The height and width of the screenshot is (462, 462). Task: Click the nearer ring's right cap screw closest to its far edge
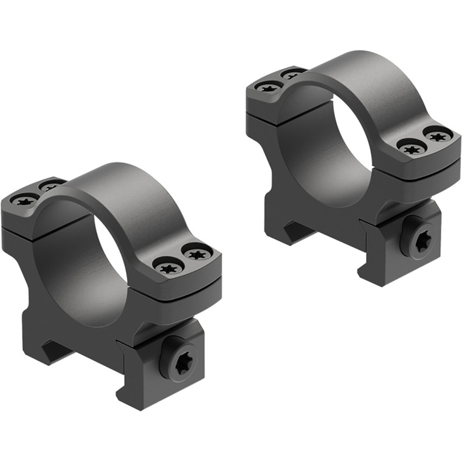(197, 252)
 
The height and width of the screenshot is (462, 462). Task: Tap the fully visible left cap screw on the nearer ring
(25, 199)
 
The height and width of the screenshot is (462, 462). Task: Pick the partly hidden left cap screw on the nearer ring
(50, 185)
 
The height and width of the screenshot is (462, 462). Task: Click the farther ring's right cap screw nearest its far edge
(438, 135)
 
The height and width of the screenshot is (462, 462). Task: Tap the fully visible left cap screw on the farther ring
(268, 88)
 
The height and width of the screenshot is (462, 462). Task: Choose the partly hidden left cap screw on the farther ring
(292, 75)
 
